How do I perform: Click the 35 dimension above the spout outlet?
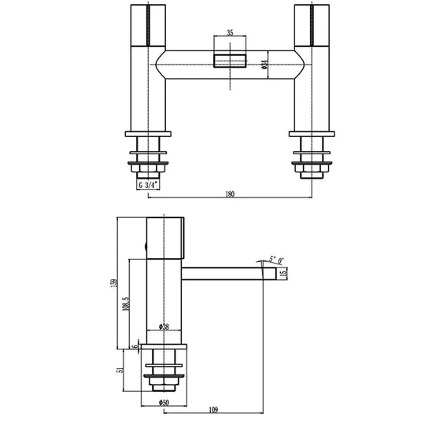point(230,34)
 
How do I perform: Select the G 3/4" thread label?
point(149,185)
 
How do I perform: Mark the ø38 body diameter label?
point(164,326)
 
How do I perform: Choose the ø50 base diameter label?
point(164,404)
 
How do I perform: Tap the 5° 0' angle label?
point(276,259)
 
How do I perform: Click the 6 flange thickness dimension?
point(134,345)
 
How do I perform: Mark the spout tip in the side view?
point(271,274)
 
